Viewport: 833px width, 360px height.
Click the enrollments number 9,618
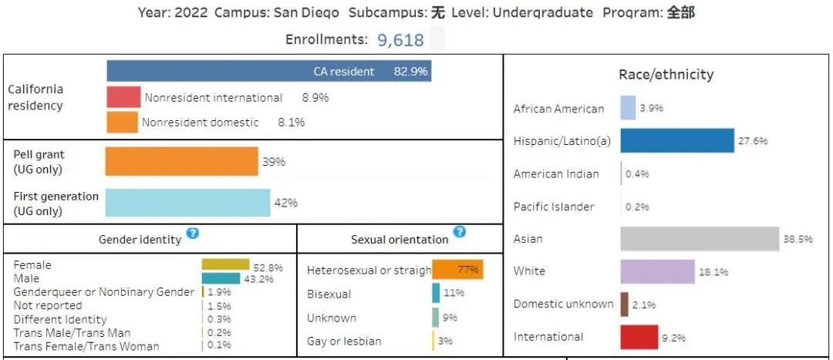[x=400, y=40]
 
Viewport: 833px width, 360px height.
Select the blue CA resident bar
[x=269, y=71]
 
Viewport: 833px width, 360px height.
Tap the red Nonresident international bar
[x=123, y=98]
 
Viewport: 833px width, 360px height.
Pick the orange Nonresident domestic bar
[x=122, y=122]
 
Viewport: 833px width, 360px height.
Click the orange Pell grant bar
[x=182, y=161]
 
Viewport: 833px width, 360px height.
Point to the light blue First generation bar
[x=187, y=203]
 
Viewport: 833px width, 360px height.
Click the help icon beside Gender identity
[x=193, y=233]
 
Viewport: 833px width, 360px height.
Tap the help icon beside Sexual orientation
[x=460, y=231]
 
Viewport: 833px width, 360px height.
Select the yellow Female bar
[x=225, y=264]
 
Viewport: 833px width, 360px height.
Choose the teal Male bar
[x=221, y=278]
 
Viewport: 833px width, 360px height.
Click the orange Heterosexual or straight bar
[x=458, y=269]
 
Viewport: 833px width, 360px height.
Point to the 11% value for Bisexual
[x=454, y=293]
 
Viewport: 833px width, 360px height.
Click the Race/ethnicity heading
[x=666, y=75]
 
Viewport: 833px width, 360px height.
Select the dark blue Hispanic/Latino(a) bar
[x=677, y=141]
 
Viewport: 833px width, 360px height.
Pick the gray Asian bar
[x=700, y=239]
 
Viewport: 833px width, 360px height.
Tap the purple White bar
[x=658, y=271]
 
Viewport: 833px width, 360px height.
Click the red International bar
[x=639, y=337]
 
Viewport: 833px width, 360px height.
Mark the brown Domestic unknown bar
[x=624, y=304]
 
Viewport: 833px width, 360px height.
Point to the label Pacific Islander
[x=554, y=207]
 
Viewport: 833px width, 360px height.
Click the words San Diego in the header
[x=306, y=12]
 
